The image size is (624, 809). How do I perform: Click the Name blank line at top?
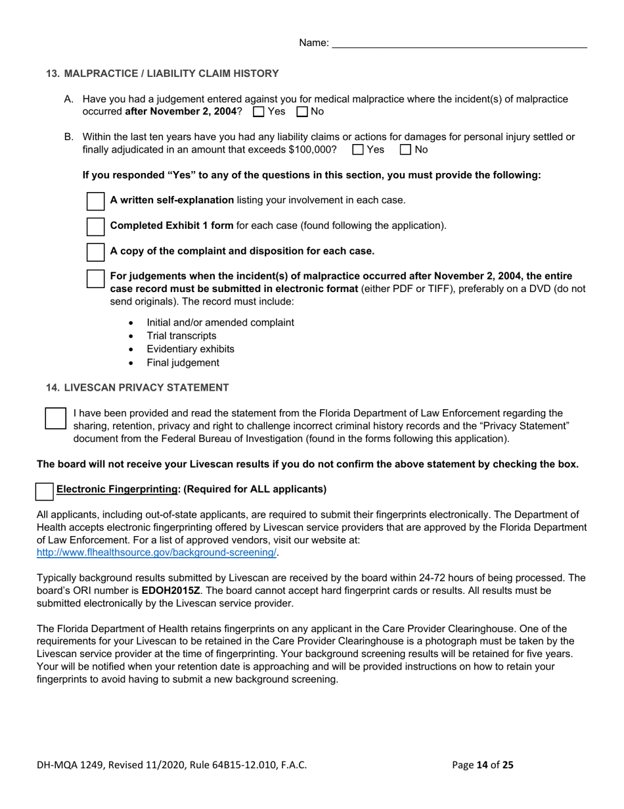pos(459,43)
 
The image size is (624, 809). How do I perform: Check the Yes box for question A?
pos(258,112)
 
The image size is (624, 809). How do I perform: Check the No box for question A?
pos(302,112)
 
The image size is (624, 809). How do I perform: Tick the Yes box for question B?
pos(358,150)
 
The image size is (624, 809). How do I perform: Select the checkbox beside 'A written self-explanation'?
pos(96,201)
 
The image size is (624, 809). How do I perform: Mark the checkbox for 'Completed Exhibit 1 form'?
pos(96,226)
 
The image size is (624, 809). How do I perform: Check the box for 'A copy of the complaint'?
pos(96,251)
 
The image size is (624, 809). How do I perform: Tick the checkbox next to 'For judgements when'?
pos(96,277)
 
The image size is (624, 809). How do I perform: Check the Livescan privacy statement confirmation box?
pos(56,418)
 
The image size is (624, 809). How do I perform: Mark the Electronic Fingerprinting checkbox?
pos(45,490)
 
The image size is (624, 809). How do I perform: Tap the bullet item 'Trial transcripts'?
pos(181,336)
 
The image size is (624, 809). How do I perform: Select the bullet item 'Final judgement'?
pos(183,362)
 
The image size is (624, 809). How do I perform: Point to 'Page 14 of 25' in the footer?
pos(483,765)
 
